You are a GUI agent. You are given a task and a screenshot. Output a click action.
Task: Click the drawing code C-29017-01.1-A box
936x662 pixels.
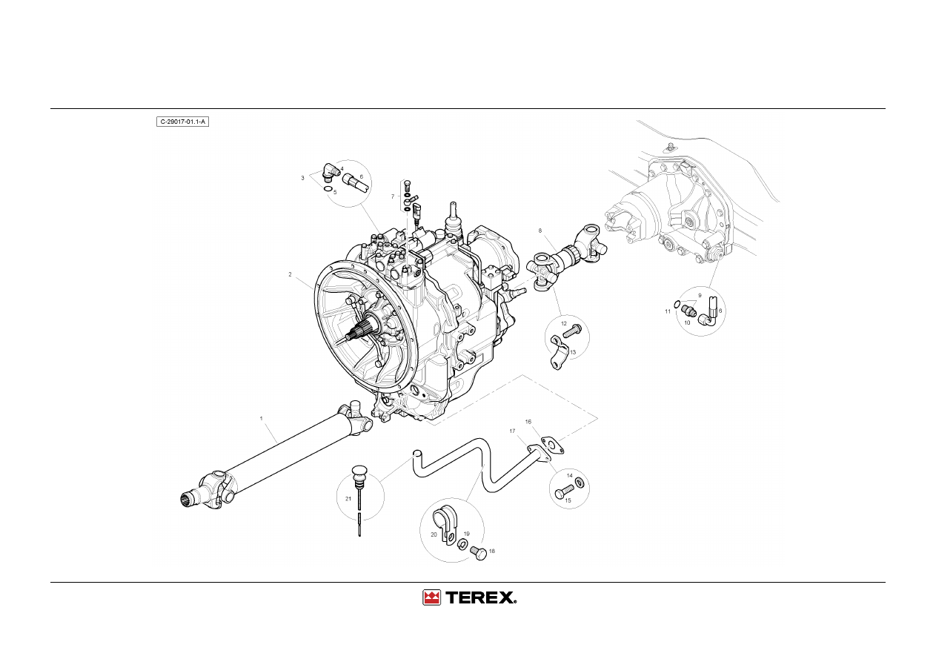(182, 122)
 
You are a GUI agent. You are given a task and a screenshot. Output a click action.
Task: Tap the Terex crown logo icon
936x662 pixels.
(431, 598)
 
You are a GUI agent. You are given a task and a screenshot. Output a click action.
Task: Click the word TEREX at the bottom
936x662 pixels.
(480, 598)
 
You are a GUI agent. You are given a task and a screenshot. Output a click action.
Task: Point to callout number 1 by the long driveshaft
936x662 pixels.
(261, 418)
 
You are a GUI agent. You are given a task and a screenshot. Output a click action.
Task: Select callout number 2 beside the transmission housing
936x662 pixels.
(290, 274)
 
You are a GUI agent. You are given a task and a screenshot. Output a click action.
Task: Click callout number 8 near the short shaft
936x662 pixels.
(540, 231)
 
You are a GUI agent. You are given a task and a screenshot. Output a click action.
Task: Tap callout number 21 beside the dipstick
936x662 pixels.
(348, 499)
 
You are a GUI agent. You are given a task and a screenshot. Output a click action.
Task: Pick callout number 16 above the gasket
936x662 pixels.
(528, 422)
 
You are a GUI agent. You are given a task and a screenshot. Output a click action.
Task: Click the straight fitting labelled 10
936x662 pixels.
(688, 311)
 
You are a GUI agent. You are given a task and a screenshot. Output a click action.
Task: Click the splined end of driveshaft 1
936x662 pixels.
(189, 499)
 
